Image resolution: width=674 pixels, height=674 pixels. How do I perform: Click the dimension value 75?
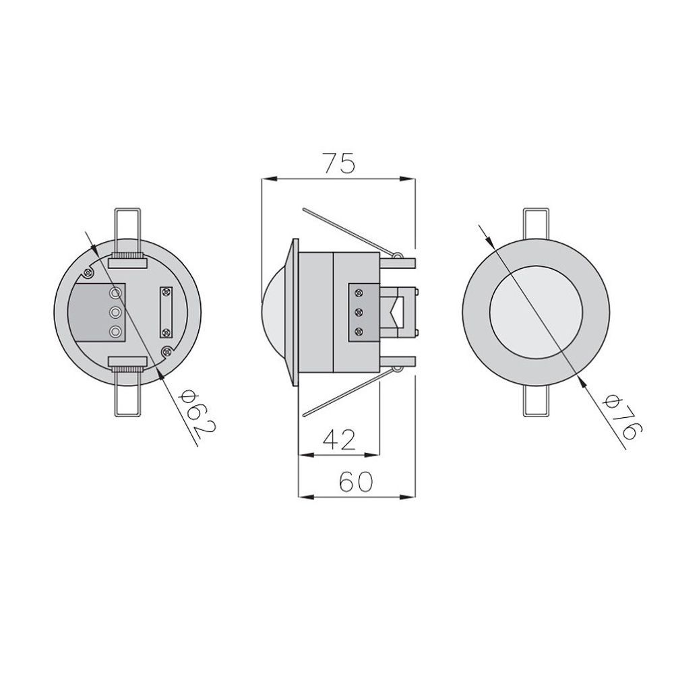tap(340, 162)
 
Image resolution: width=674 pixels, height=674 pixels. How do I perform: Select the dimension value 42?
tap(339, 439)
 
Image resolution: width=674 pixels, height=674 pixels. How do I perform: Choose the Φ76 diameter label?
tap(623, 418)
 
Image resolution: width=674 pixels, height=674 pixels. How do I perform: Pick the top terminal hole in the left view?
tap(115, 293)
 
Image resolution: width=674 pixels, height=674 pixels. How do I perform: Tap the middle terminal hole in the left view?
tap(115, 312)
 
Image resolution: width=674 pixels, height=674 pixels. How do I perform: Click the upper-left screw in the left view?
tap(88, 272)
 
